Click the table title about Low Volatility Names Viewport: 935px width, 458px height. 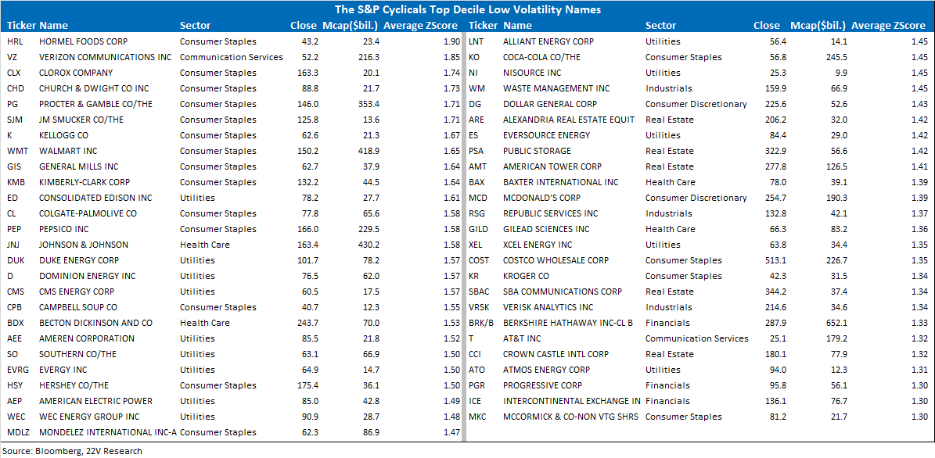[467, 9]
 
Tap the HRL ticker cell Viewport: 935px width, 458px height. [14, 41]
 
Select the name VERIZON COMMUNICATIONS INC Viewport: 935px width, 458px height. [105, 57]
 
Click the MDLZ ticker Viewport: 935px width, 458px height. [18, 432]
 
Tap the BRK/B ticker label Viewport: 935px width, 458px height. [483, 323]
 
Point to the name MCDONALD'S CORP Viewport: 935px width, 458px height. [541, 198]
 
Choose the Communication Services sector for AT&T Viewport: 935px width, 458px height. [696, 338]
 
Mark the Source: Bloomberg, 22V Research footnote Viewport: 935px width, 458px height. [71, 451]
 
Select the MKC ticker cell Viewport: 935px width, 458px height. [477, 417]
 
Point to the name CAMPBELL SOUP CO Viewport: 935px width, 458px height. [78, 307]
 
